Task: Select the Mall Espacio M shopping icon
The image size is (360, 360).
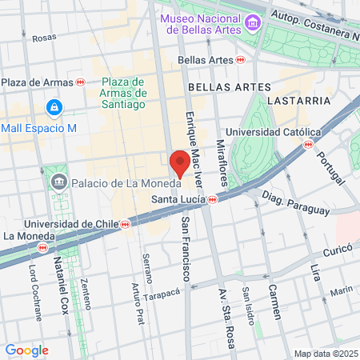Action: point(54,106)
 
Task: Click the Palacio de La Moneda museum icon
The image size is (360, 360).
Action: point(59,183)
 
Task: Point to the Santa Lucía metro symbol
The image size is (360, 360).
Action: point(213,200)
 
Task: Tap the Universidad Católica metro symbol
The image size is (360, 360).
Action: point(308,144)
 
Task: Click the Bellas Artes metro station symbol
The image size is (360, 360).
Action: point(241,59)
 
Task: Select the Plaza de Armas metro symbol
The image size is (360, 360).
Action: point(80,82)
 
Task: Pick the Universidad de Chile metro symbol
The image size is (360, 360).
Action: point(125,225)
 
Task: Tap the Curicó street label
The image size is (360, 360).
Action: point(338,250)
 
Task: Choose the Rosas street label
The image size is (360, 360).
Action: point(44,37)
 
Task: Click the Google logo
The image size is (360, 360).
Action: point(26,350)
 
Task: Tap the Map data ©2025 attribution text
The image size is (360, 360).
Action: point(325,354)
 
